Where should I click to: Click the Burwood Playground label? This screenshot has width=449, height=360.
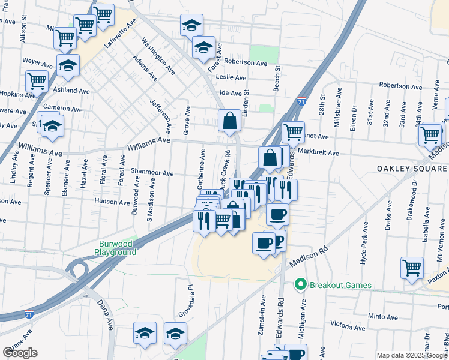pyautogui.click(x=118, y=248)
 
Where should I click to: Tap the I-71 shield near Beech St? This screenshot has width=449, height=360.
pyautogui.click(x=301, y=101)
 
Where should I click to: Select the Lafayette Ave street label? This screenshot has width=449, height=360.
pyautogui.click(x=121, y=34)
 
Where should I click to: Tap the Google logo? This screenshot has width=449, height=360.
pyautogui.click(x=20, y=353)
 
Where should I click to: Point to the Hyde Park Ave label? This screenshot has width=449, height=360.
pyautogui.click(x=364, y=245)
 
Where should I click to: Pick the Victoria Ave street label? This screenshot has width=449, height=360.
pyautogui.click(x=349, y=325)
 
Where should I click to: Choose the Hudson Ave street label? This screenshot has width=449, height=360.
pyautogui.click(x=112, y=202)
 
